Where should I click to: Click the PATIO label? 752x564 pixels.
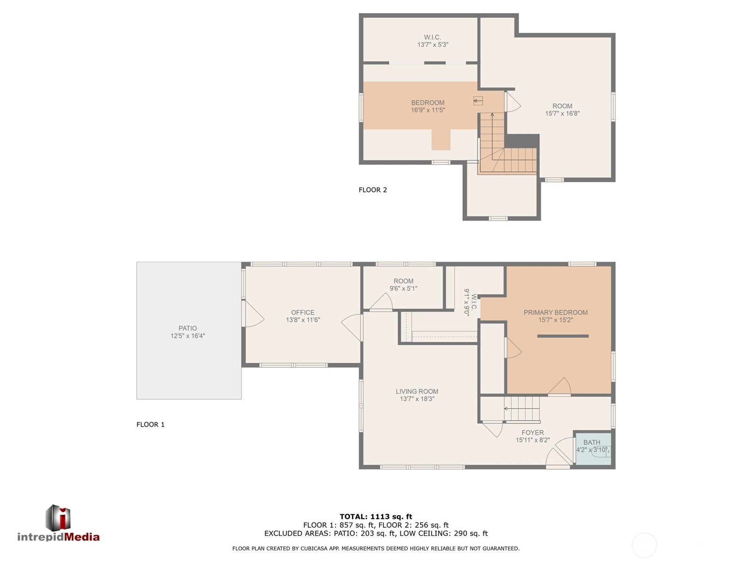point(187,328)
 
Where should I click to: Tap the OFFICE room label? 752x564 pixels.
point(302,312)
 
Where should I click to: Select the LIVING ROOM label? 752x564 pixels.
point(417,391)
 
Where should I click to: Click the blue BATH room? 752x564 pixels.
point(593,449)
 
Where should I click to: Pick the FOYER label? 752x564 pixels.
point(532,432)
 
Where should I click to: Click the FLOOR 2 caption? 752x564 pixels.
point(372,190)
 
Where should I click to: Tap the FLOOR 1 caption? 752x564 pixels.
point(150,424)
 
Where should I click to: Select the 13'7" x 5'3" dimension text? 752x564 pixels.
point(432,45)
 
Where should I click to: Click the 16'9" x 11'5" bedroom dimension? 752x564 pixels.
point(427,110)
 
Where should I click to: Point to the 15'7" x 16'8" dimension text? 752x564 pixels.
point(562,113)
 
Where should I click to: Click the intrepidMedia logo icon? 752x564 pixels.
point(58,517)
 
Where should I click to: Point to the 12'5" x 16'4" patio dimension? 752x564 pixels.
point(187,335)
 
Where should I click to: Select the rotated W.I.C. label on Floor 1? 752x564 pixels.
point(474,302)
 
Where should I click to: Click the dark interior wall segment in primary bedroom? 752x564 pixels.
point(562,336)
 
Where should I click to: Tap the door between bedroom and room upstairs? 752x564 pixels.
point(513,102)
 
